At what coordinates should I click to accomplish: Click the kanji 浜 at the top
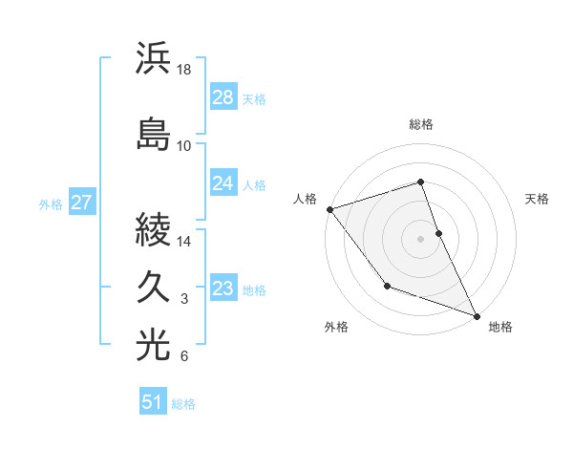coord(154,58)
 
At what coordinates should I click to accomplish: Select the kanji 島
coord(154,132)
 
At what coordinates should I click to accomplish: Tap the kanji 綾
coord(154,231)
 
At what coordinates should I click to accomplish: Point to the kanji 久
coord(154,288)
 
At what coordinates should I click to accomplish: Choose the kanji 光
coord(154,346)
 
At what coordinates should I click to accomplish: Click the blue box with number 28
coord(223,96)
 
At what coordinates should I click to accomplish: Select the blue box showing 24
coord(223,183)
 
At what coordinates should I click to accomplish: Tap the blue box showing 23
coord(223,289)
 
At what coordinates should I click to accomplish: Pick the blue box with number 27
coord(81,203)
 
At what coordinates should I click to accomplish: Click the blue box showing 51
coord(153,402)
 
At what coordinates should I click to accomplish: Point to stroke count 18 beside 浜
coord(184,71)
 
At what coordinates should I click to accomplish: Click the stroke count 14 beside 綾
coord(184,243)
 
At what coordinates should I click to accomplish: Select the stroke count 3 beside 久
coord(184,300)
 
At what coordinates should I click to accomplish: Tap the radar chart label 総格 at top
coord(421,124)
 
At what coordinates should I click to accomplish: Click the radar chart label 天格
coord(537,199)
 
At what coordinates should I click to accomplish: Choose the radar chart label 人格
coord(306,199)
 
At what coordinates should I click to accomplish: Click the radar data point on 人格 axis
coord(329,208)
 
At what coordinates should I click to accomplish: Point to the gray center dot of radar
coord(421,238)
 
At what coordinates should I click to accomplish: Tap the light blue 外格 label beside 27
coord(51,203)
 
